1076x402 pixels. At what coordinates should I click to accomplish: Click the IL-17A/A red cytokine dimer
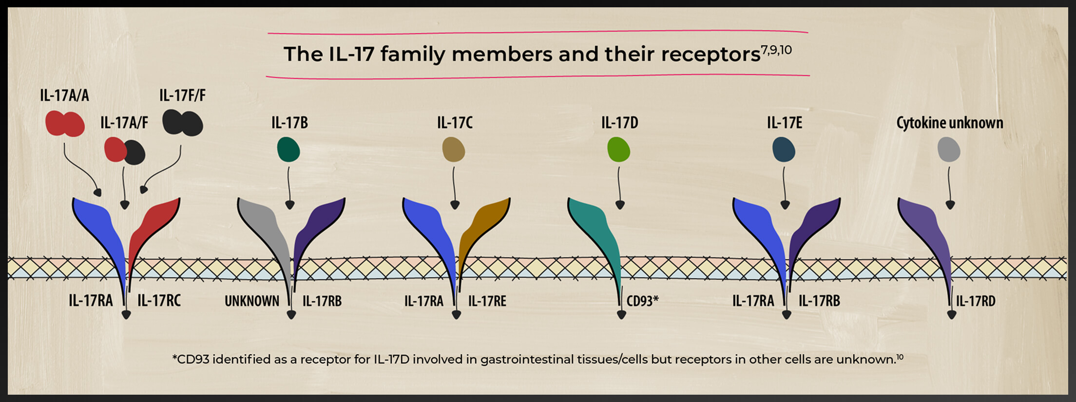pyautogui.click(x=65, y=124)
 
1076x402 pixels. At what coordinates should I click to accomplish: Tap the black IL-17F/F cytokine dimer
pyautogui.click(x=182, y=122)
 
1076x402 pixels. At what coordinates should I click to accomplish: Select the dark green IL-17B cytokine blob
pyautogui.click(x=288, y=149)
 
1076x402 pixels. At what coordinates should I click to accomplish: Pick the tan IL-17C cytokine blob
pyautogui.click(x=454, y=149)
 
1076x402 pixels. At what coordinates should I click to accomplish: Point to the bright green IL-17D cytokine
pyautogui.click(x=619, y=149)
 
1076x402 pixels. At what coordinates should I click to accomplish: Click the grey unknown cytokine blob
pyautogui.click(x=949, y=149)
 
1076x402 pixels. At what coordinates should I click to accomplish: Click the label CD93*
pyautogui.click(x=642, y=301)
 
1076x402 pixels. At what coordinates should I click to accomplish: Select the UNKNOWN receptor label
pyautogui.click(x=252, y=301)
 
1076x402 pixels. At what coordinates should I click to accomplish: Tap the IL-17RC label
pyautogui.click(x=159, y=300)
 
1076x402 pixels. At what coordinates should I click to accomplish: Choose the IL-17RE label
pyautogui.click(x=487, y=301)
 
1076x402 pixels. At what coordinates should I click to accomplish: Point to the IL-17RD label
pyautogui.click(x=976, y=301)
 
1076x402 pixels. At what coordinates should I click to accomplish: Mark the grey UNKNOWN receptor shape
pyautogui.click(x=269, y=234)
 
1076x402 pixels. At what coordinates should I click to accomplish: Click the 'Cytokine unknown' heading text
pyautogui.click(x=950, y=122)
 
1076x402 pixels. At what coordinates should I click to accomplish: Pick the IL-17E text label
pyautogui.click(x=785, y=122)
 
